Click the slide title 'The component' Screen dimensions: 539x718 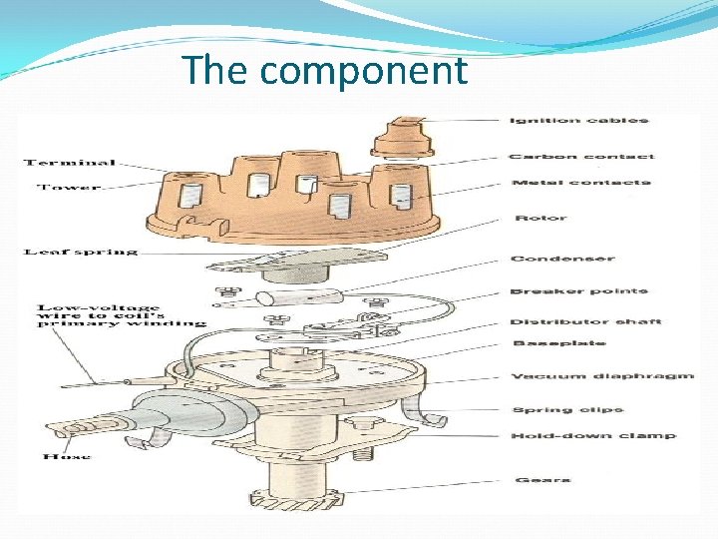tap(324, 71)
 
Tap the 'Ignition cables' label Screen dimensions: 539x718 tap(578, 121)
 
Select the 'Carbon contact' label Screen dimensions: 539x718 tap(581, 156)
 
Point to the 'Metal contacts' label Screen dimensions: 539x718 tap(580, 183)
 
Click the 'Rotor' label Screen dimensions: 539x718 tap(540, 218)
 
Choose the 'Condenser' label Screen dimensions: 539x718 tap(562, 259)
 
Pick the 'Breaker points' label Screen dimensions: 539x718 tap(578, 291)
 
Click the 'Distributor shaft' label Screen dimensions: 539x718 tap(585, 321)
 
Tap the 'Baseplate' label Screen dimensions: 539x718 tap(558, 343)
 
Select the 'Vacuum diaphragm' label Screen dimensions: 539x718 tap(602, 376)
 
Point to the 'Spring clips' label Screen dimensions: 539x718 tap(566, 409)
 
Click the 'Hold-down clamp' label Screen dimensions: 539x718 tap(592, 436)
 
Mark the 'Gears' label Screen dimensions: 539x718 tap(542, 480)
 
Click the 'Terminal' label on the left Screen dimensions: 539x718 tap(69, 162)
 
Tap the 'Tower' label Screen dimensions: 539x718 tap(70, 187)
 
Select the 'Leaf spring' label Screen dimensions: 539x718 tap(80, 252)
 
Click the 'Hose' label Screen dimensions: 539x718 tap(67, 456)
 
